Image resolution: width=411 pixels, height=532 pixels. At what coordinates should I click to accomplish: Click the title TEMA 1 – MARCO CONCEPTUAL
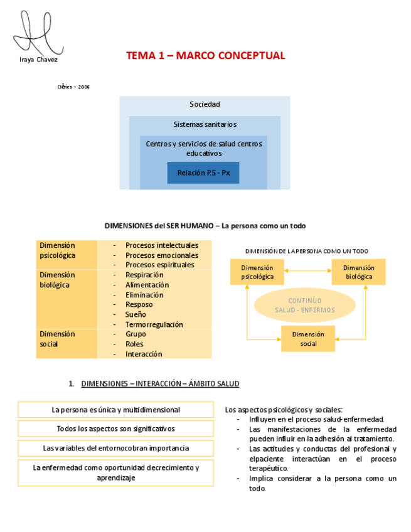205,56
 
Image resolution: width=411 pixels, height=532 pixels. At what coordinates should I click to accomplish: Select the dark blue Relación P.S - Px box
203,173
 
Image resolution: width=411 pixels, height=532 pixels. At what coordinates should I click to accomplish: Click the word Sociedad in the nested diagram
205,104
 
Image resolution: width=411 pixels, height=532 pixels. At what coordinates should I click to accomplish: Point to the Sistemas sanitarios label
205,124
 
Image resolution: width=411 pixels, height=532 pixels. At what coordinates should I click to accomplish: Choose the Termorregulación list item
154,324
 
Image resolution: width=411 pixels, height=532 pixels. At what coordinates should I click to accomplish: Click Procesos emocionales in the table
161,255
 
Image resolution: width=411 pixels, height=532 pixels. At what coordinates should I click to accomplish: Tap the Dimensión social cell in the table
57,339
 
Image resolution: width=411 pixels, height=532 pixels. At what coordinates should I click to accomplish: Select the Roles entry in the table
134,344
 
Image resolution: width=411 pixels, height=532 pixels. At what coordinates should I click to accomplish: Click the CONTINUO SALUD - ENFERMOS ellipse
305,306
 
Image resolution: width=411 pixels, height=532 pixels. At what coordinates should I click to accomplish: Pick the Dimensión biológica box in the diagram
358,272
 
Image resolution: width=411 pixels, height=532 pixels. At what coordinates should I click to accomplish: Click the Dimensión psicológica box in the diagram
257,272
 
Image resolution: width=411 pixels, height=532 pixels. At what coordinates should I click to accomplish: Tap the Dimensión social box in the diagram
308,339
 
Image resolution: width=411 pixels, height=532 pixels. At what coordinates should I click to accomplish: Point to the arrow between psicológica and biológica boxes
307,271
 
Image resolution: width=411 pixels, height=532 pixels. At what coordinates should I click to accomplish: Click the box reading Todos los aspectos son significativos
115,429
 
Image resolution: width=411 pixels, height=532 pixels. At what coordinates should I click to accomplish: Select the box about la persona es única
115,410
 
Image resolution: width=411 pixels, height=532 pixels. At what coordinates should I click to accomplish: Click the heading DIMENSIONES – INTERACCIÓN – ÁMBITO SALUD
160,383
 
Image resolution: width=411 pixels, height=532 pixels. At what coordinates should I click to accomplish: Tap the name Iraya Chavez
39,60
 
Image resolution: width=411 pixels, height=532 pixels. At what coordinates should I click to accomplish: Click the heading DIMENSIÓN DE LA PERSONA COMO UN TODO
306,251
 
